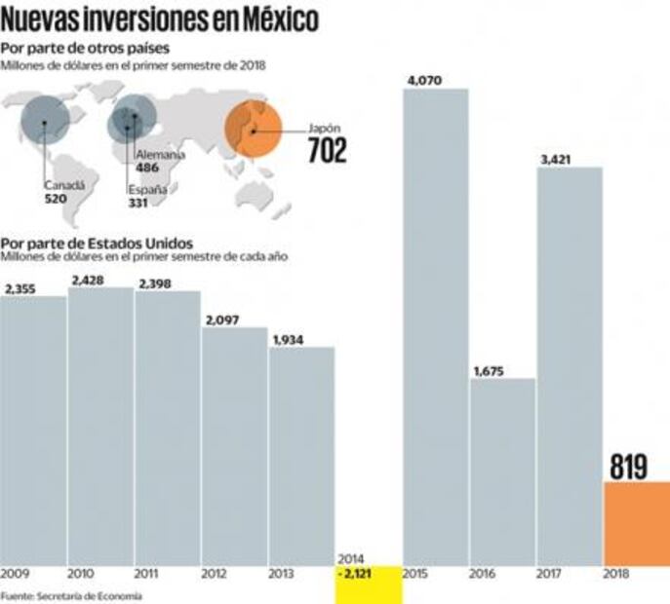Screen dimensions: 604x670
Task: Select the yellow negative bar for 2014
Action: (368, 584)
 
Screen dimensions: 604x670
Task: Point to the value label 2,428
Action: (88, 280)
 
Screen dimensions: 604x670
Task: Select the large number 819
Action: (629, 467)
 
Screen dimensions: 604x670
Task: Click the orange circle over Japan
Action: (254, 130)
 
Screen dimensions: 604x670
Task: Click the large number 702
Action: (327, 151)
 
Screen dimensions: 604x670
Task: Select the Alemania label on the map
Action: (156, 155)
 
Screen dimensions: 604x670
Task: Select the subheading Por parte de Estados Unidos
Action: (98, 243)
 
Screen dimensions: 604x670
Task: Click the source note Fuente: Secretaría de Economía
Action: (71, 595)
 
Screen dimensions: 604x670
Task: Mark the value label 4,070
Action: (423, 81)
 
